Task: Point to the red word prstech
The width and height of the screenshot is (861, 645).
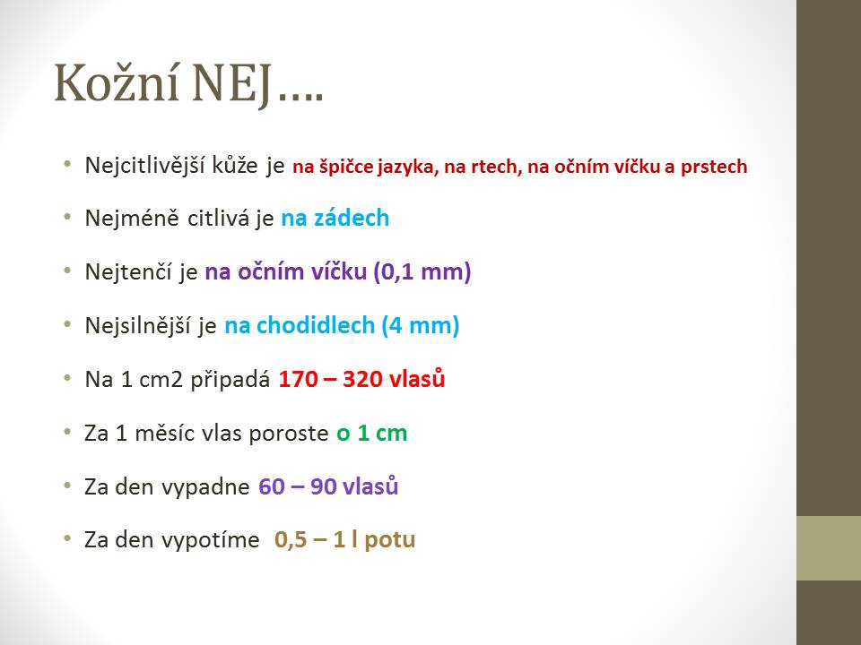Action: point(714,167)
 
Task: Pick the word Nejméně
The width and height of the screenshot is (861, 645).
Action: point(132,218)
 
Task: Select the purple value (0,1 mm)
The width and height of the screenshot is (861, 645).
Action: point(422,271)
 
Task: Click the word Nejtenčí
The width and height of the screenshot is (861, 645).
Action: point(128,271)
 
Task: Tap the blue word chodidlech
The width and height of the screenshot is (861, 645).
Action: point(315,325)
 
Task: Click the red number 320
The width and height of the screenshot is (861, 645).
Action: point(361,379)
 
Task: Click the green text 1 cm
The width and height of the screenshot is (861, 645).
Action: point(382,434)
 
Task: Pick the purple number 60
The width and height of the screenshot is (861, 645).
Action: point(271,486)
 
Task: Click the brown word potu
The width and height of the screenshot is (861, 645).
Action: point(390,540)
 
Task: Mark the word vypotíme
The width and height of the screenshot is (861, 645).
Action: point(210,540)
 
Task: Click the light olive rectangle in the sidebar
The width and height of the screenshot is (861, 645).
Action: point(829,548)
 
